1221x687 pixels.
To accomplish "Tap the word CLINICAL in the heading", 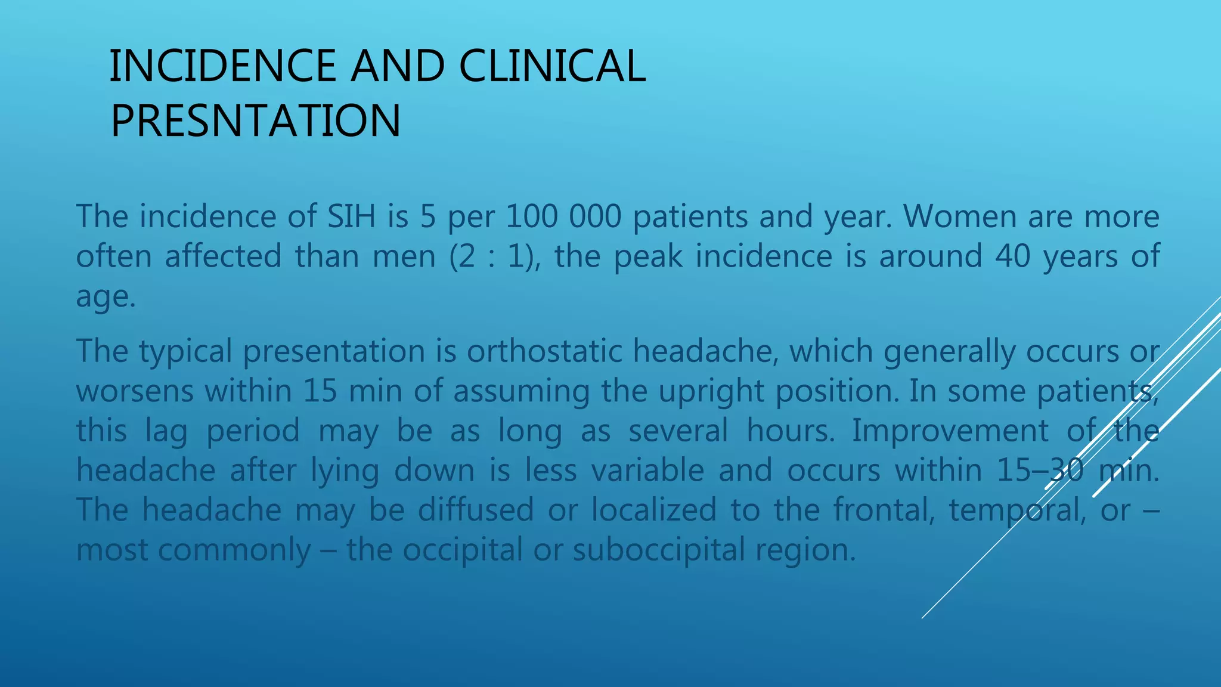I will [x=552, y=66].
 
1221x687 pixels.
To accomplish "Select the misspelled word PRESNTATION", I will [x=255, y=121].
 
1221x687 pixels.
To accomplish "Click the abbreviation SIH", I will [x=351, y=216].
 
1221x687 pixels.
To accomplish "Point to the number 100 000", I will [x=563, y=216].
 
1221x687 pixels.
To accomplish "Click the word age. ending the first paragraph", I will [x=106, y=297].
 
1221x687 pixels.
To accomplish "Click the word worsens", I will [x=135, y=391].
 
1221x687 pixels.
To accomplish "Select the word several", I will [x=678, y=431].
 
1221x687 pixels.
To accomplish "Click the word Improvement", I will [x=950, y=431].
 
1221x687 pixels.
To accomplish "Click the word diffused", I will [x=475, y=510].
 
